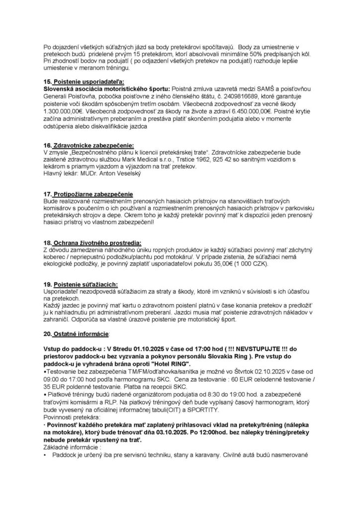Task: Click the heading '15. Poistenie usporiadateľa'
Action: click(x=79, y=81)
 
